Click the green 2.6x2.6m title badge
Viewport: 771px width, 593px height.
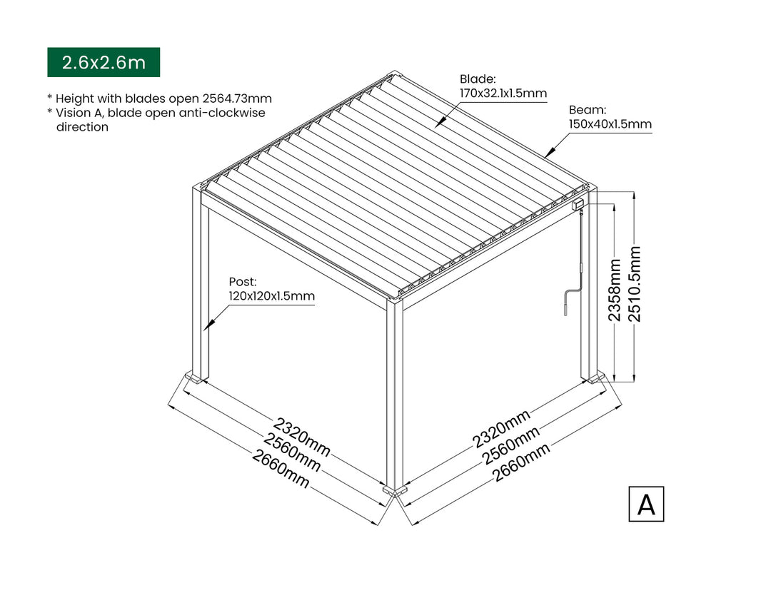tap(104, 62)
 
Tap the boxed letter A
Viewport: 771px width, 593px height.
tap(646, 504)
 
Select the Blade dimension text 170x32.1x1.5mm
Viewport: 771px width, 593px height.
tap(503, 93)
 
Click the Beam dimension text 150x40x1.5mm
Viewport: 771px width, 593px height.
tap(610, 124)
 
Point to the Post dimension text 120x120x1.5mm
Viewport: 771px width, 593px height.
tap(271, 296)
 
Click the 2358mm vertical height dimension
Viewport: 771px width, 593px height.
tap(615, 290)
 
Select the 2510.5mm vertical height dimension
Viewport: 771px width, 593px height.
tap(635, 284)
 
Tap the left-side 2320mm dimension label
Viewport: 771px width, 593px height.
tap(302, 437)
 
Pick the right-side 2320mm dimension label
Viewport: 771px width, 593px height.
tap(502, 429)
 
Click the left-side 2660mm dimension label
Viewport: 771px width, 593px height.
tap(281, 469)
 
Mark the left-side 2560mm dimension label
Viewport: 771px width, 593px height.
tap(291, 453)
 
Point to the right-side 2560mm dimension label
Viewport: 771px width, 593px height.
tap(511, 445)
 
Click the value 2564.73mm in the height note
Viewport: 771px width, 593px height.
tap(237, 98)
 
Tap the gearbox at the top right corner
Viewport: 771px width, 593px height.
tap(578, 203)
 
